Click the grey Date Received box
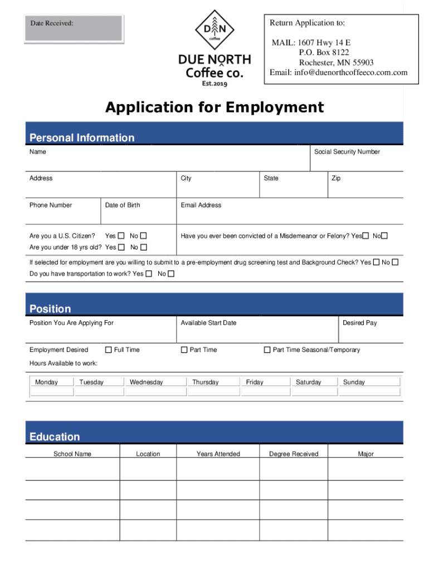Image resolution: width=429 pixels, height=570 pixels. (74, 28)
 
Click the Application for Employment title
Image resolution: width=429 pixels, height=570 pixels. (214, 107)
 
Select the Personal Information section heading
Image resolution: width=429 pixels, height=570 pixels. (82, 137)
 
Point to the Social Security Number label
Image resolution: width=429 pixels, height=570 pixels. (347, 152)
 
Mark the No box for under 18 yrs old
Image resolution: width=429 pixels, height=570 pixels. (144, 247)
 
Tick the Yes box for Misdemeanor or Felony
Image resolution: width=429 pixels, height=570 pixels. (365, 236)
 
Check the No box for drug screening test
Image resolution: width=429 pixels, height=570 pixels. (395, 262)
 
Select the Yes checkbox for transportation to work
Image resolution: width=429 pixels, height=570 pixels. (148, 274)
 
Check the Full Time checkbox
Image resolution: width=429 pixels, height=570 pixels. (109, 350)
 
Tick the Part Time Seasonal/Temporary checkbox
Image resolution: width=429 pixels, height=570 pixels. (267, 350)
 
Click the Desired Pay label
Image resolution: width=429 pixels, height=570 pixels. (359, 323)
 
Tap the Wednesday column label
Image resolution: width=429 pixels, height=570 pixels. (146, 382)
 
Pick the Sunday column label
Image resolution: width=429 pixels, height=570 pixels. (354, 382)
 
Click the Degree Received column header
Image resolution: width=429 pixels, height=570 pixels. (294, 454)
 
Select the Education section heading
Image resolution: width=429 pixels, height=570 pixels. (55, 437)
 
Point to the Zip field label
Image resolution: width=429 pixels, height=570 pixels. (336, 178)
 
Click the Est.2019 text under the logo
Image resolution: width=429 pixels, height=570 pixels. (214, 83)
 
